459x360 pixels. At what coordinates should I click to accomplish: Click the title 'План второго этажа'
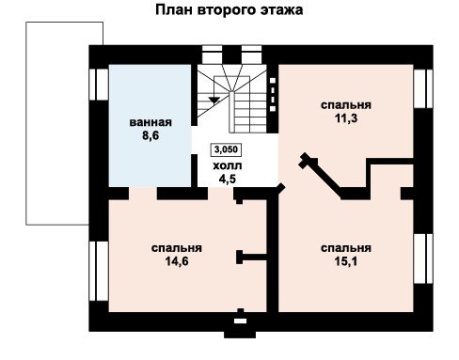229,10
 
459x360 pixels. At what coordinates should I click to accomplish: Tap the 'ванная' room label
150,122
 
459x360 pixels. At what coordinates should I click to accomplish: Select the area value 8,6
150,135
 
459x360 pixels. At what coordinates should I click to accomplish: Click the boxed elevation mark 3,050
226,149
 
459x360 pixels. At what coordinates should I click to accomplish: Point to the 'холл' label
228,165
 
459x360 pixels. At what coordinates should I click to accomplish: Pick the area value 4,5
228,179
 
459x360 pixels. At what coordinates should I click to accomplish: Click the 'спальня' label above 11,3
346,104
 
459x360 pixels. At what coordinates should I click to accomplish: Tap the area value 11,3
346,118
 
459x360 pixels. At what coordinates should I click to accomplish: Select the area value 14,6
177,260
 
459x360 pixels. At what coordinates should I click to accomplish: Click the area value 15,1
346,260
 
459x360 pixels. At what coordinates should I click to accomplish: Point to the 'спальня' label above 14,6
177,248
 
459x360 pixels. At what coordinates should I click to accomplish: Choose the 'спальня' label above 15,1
346,248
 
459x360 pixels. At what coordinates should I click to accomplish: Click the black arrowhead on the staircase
214,101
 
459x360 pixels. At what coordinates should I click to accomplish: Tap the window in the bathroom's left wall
99,85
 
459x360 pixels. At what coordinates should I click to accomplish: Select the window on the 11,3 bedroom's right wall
423,88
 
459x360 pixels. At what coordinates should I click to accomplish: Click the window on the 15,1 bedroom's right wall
423,258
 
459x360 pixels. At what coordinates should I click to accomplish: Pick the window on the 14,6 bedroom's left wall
99,271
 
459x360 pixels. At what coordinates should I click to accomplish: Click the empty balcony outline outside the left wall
26,123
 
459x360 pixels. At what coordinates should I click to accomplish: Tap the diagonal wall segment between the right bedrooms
323,176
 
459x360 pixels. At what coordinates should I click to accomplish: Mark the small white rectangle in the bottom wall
240,321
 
